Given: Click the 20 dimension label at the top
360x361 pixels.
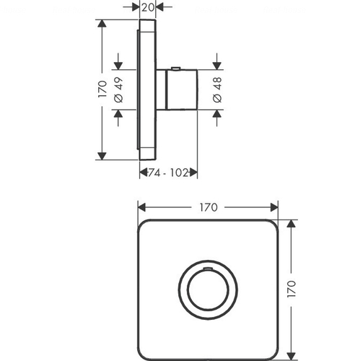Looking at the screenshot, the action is [x=147, y=7].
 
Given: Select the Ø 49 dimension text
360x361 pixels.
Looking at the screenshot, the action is [x=119, y=90].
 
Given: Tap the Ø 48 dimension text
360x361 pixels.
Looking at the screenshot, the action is [x=217, y=90].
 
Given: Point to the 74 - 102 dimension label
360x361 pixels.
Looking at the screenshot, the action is [x=168, y=173].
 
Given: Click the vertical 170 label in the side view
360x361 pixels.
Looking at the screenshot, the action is [x=102, y=89].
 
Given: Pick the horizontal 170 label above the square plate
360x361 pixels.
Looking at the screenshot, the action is [x=208, y=207].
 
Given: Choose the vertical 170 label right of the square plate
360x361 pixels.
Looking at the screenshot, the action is [x=291, y=289].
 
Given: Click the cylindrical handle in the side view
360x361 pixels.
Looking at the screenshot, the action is [x=182, y=90].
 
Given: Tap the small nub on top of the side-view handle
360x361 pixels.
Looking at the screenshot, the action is [x=176, y=68].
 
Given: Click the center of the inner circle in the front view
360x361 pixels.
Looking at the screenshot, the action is [x=208, y=290].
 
